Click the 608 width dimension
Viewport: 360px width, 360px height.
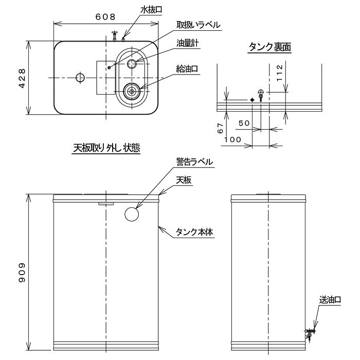[105, 17]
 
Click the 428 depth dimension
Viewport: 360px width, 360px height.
[22, 78]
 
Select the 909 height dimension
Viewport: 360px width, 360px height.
[22, 273]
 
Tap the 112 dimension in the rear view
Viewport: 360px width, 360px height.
[279, 73]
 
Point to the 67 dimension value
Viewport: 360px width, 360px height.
[220, 128]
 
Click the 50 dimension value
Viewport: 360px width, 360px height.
[244, 123]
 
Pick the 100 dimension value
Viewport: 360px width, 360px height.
[232, 139]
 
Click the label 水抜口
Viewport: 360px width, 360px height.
[151, 10]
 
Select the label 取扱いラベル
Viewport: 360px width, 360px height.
[199, 25]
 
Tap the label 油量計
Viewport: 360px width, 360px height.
[187, 43]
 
